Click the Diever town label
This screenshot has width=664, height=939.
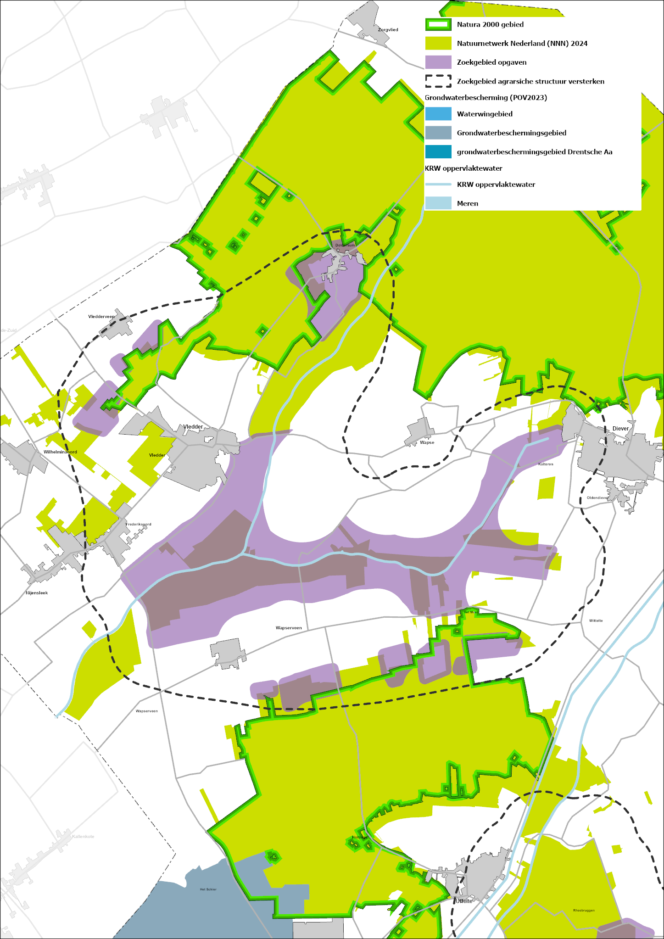[620, 429]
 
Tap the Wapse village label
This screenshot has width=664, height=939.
[427, 442]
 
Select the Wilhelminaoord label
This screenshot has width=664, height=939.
[60, 452]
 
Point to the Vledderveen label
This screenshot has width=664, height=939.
[101, 317]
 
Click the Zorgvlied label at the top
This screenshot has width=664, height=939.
[388, 30]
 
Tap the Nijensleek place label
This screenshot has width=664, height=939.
[37, 593]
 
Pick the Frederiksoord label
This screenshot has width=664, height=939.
[139, 524]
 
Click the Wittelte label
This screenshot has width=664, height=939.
[596, 620]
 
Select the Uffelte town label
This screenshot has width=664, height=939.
[463, 901]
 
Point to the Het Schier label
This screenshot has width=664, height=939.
[208, 889]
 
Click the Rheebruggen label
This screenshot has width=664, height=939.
[584, 910]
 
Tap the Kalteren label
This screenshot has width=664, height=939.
[546, 464]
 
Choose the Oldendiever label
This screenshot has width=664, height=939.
[597, 498]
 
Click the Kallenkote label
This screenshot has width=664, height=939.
[83, 837]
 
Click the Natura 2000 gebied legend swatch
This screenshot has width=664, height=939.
[438, 24]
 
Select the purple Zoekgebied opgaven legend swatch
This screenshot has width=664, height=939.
[438, 62]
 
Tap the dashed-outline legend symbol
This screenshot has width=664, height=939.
[438, 81]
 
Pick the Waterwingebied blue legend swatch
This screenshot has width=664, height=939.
[438, 114]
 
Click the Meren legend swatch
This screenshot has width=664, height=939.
[438, 203]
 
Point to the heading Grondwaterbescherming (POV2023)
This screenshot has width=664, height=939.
[485, 97]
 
